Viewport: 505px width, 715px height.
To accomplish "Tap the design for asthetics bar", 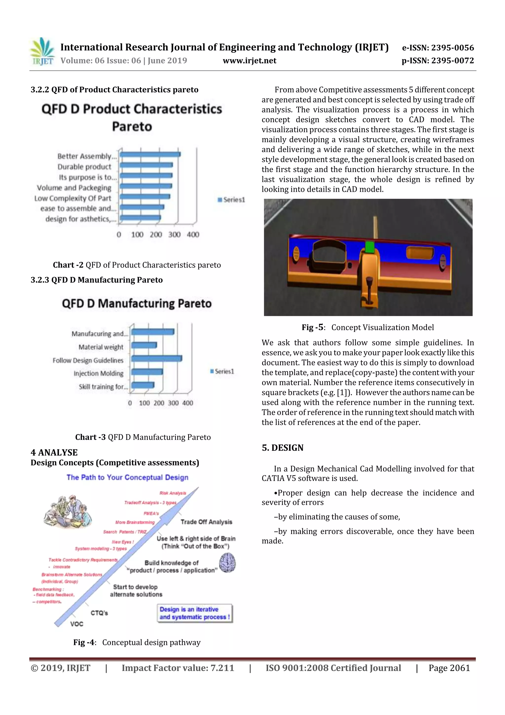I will [x=140, y=218].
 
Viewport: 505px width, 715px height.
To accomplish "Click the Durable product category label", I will [x=84, y=167].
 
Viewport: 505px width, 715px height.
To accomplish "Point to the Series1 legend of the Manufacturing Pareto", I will [x=222, y=371].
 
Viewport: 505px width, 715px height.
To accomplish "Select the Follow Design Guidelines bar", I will [x=156, y=359].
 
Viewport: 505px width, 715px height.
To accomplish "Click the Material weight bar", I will [x=144, y=345].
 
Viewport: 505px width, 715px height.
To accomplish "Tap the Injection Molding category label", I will [x=98, y=373].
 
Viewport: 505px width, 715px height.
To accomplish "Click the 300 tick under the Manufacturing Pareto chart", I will [x=173, y=403].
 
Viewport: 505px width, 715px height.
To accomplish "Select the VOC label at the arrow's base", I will [x=76, y=624].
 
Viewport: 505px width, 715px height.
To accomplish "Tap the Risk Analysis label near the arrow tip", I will [x=173, y=493].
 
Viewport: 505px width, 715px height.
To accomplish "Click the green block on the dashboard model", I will [x=369, y=247].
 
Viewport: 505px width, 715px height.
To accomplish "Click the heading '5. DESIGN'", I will [x=282, y=448].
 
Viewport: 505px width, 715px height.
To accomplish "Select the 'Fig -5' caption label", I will [x=312, y=327].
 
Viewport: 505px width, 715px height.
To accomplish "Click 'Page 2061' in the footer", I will [x=449, y=668].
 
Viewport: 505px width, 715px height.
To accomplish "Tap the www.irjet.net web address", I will [x=250, y=61].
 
